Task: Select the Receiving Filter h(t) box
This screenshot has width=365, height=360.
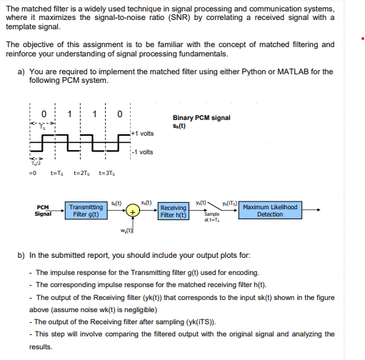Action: click(x=174, y=211)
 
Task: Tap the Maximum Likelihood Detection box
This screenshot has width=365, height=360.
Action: click(x=269, y=211)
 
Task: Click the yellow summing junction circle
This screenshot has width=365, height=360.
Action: click(x=134, y=211)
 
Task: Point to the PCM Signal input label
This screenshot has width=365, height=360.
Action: click(x=41, y=211)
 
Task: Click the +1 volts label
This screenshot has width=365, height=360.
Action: click(x=143, y=133)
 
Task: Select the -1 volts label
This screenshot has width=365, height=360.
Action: click(x=143, y=151)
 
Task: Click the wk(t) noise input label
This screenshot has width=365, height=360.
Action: click(x=128, y=231)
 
